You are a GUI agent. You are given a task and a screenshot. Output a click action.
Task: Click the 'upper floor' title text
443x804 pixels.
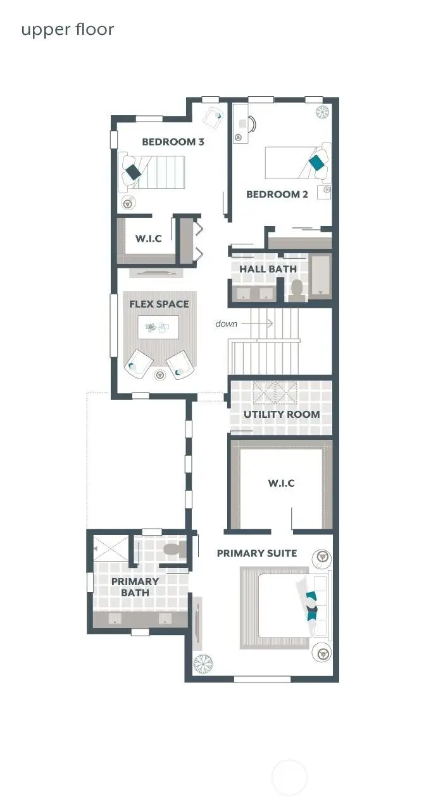click(x=67, y=29)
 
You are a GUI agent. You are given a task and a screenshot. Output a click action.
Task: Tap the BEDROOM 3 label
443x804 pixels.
click(x=173, y=142)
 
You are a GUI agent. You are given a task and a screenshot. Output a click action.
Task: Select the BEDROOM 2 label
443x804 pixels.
click(x=277, y=194)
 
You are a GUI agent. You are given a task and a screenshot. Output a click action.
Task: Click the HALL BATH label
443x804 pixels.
click(x=268, y=269)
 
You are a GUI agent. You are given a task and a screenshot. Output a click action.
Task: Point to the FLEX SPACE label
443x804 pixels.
click(x=159, y=304)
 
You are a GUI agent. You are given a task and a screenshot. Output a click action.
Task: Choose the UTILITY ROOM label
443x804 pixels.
click(x=282, y=414)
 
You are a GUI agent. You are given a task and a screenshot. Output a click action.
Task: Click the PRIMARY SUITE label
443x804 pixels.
click(x=256, y=553)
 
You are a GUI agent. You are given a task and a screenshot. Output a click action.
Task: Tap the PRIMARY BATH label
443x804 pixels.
click(x=135, y=587)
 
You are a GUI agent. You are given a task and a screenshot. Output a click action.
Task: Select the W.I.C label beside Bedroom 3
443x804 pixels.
click(x=149, y=239)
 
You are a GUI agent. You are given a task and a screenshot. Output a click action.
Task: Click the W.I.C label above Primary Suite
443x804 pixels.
click(x=281, y=483)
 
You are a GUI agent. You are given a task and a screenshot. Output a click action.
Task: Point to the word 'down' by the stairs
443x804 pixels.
click(x=226, y=323)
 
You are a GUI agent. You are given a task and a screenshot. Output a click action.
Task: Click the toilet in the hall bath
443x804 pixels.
click(x=296, y=289)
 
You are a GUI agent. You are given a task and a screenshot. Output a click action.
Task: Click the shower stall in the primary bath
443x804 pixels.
click(x=111, y=546)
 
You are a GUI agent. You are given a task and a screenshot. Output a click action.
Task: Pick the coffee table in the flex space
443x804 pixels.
click(x=158, y=327)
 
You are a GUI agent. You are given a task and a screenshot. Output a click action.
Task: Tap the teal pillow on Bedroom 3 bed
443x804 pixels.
click(x=134, y=172)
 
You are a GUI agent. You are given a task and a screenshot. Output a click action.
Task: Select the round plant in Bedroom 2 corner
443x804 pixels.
click(x=323, y=112)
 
